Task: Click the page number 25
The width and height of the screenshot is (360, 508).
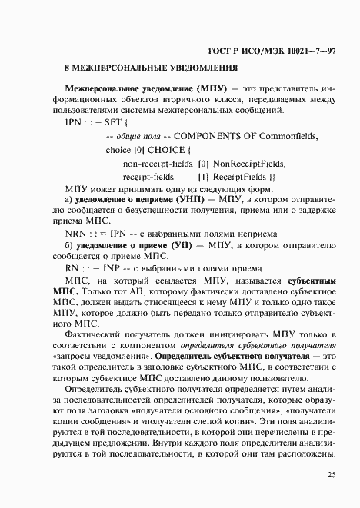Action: coord(331,474)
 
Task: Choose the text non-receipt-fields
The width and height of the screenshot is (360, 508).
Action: coord(155,163)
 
